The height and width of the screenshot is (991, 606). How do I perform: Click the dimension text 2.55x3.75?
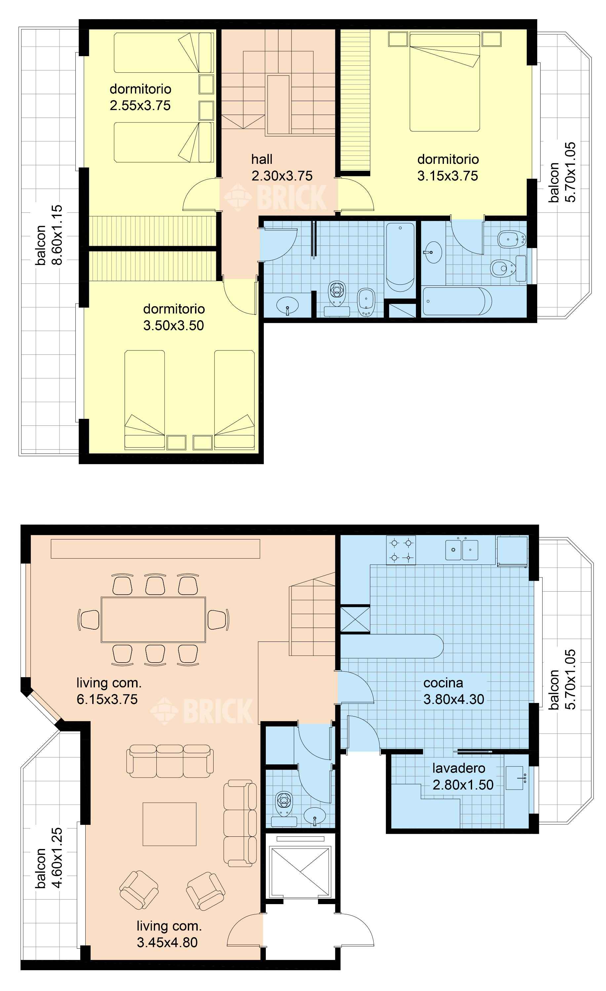point(140,105)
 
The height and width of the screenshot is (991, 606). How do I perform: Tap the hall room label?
point(262,159)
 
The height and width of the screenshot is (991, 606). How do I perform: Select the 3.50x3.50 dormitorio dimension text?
point(174,325)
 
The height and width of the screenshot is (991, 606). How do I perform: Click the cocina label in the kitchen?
point(443,682)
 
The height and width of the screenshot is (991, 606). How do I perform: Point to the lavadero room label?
point(458,768)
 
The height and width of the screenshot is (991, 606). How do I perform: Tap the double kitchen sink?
point(461,550)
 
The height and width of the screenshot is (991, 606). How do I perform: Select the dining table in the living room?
point(153,619)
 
